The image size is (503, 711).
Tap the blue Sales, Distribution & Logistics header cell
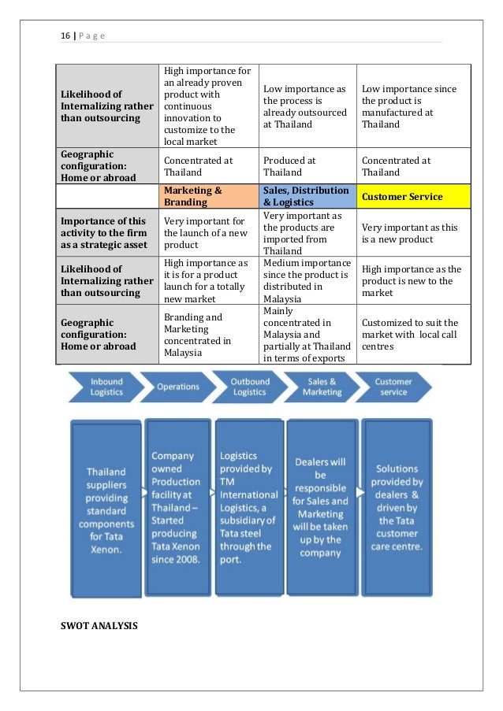[x=307, y=196]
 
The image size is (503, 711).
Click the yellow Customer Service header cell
[x=413, y=196]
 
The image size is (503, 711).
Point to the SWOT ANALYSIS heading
[x=99, y=627]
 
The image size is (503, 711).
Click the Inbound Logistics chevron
[x=106, y=387]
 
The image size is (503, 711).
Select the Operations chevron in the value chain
[x=177, y=387]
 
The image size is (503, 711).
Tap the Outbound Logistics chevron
[x=249, y=387]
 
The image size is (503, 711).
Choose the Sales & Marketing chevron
[x=322, y=387]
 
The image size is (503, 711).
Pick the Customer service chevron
[x=393, y=387]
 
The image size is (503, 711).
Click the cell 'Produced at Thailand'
[x=307, y=166]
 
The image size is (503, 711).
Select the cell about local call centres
[x=413, y=334]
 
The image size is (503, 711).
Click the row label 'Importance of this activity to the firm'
[x=106, y=234]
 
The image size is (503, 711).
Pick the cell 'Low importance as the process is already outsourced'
[x=307, y=106]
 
